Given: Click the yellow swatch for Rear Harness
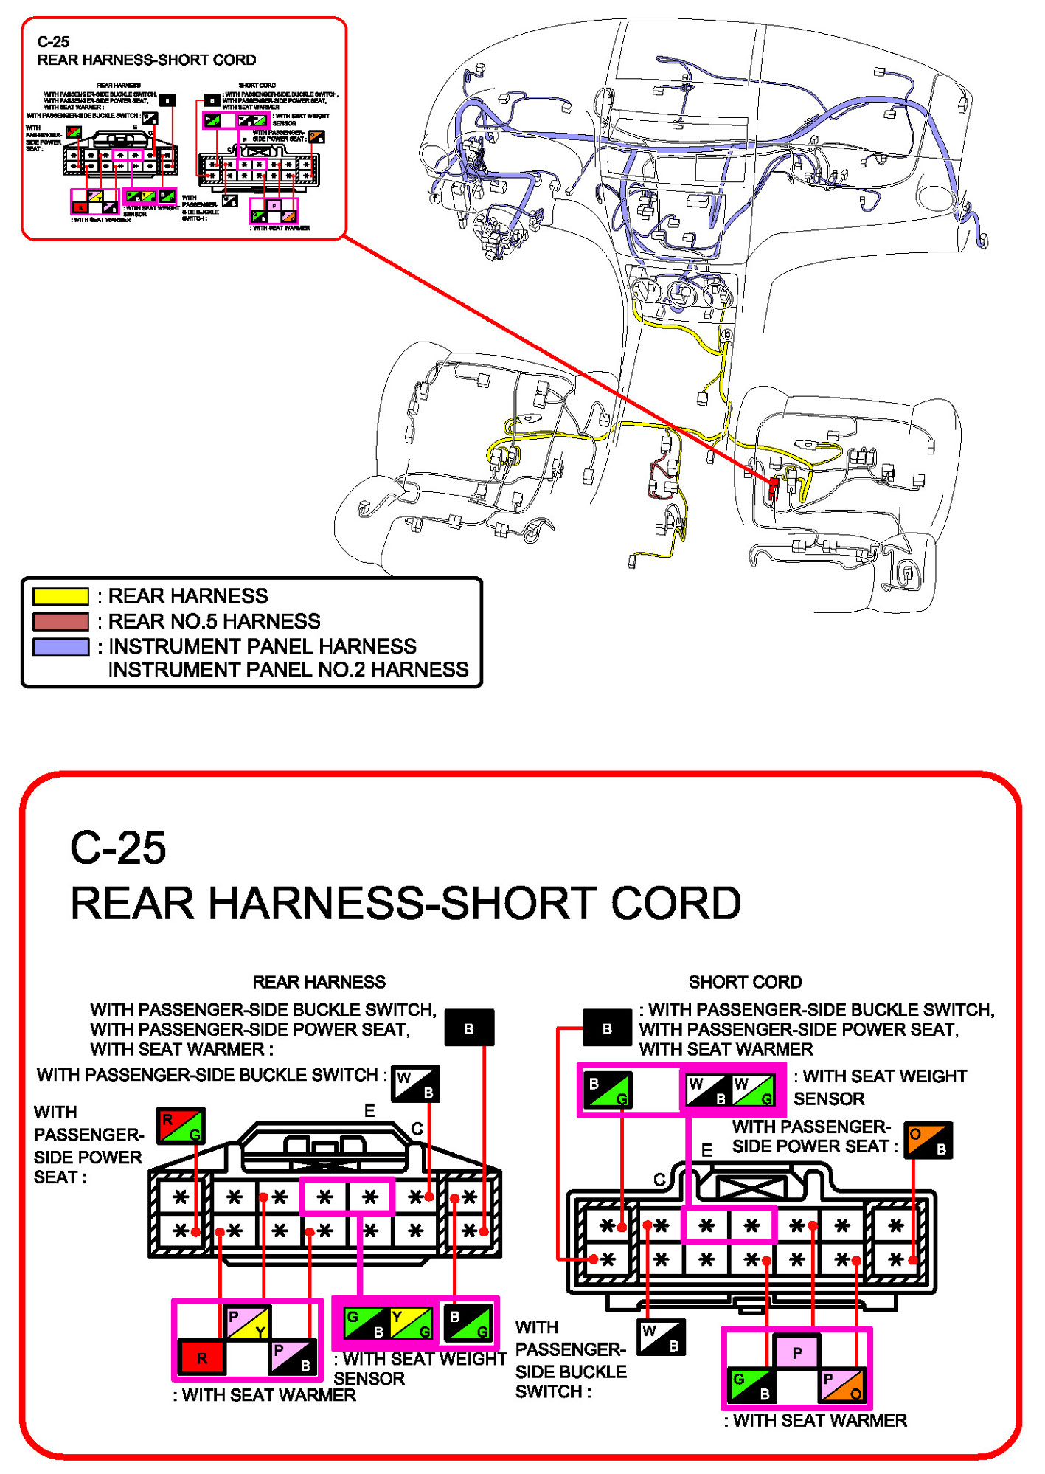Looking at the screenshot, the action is [60, 595].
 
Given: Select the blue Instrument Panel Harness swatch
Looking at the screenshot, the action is [60, 646].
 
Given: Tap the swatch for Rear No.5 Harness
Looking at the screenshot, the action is [60, 621].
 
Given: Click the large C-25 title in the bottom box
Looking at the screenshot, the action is [118, 848].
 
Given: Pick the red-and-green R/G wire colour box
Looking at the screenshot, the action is [181, 1125].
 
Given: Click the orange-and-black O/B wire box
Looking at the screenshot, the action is [928, 1140].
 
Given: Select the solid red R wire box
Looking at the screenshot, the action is [202, 1357].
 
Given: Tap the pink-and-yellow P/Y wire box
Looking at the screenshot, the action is [249, 1322].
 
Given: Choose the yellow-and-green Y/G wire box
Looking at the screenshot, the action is [411, 1323].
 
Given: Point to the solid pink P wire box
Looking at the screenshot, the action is [796, 1352].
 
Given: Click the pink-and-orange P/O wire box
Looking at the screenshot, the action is [843, 1385].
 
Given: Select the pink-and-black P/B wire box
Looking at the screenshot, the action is [293, 1357].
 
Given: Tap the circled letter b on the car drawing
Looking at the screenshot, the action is [727, 334].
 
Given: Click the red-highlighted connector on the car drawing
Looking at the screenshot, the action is [774, 488].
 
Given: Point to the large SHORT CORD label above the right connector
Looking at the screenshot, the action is [745, 982].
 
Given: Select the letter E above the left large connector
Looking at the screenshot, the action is [369, 1110].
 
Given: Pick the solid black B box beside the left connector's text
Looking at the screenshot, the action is [469, 1028].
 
